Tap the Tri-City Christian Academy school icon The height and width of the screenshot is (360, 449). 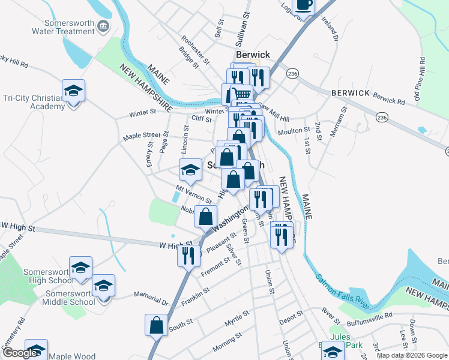point(74,91)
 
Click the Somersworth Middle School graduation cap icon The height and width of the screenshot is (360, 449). point(104,286)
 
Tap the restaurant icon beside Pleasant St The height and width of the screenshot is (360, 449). point(188,255)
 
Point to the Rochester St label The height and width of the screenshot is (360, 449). point(195,49)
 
